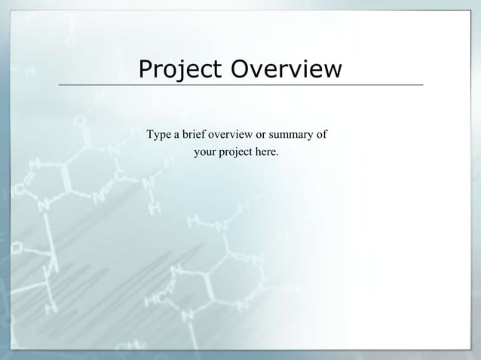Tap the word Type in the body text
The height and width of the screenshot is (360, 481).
pyautogui.click(x=158, y=136)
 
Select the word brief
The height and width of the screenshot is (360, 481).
pyautogui.click(x=195, y=136)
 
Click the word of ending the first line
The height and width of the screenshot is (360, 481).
pyautogui.click(x=322, y=136)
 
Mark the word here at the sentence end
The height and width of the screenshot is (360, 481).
pyautogui.click(x=268, y=153)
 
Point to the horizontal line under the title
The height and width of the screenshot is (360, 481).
pyautogui.click(x=241, y=85)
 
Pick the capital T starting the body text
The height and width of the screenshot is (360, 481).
pyautogui.click(x=150, y=136)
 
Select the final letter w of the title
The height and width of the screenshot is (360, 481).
pyautogui.click(x=332, y=71)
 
